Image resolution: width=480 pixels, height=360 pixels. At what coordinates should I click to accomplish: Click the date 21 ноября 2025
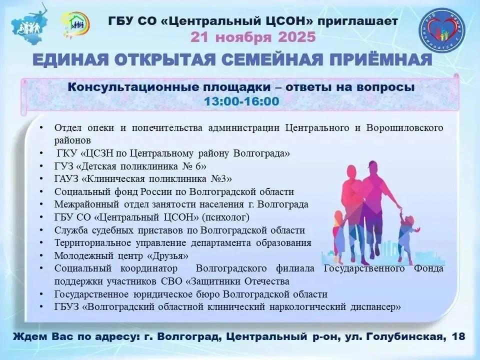(253, 37)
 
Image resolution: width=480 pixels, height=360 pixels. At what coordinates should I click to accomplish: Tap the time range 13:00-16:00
(241, 101)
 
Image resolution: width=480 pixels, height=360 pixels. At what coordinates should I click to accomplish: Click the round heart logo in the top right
(441, 29)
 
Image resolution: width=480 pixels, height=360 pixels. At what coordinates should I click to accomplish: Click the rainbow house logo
(75, 24)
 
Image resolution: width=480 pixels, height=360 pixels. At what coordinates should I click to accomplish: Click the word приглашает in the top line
(357, 21)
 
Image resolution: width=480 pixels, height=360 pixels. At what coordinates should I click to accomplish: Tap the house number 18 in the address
(458, 336)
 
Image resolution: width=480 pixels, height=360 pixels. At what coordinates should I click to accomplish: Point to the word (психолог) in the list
(225, 217)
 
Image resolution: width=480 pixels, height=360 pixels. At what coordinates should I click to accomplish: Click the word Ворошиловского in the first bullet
(404, 127)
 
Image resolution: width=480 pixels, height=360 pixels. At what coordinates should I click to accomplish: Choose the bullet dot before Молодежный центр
(41, 255)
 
